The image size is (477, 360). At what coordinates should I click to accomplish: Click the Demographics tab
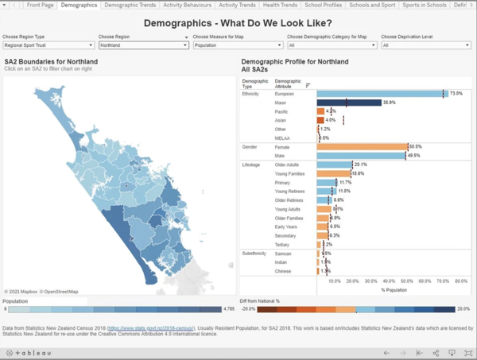[78, 5]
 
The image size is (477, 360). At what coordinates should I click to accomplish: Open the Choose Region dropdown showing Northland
[142, 45]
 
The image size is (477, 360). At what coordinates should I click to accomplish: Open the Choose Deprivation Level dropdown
[425, 45]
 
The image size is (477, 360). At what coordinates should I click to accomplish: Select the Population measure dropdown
[237, 45]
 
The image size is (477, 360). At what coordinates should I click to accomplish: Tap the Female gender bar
[362, 147]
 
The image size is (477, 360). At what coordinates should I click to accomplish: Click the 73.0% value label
[456, 94]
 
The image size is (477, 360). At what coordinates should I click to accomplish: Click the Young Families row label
[287, 173]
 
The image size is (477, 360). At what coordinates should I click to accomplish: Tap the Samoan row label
[283, 254]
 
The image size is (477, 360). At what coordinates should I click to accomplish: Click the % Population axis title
[394, 289]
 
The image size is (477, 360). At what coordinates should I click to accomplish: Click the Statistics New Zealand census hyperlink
[152, 327]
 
